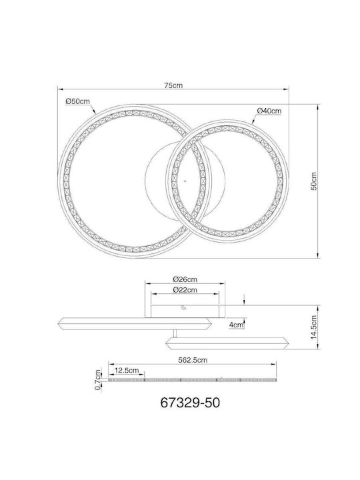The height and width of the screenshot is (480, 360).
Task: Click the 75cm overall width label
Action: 173,85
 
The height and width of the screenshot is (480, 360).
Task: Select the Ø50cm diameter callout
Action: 78,101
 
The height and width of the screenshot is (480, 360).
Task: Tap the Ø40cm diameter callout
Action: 269,111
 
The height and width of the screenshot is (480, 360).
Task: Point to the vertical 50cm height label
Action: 314,181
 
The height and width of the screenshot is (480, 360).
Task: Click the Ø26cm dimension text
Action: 185,279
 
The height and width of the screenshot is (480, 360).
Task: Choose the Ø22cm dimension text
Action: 185,290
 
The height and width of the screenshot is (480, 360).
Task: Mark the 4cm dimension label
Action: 236,325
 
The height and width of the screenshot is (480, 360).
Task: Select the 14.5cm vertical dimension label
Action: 314,327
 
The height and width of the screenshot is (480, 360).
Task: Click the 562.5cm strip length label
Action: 193,360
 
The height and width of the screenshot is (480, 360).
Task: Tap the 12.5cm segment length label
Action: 127,371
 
